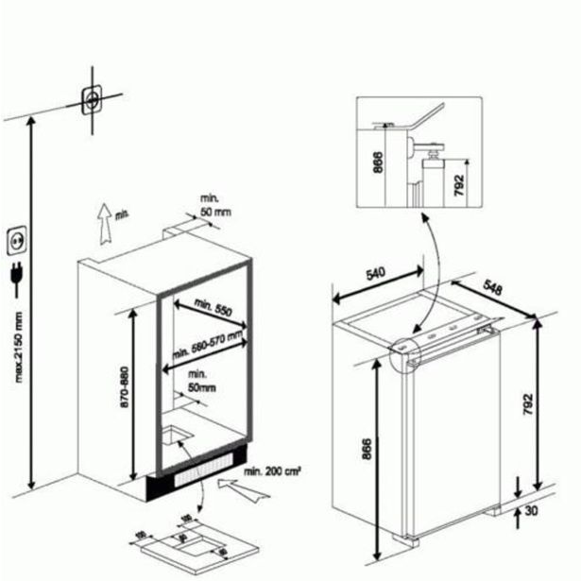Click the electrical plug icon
coord(15,275)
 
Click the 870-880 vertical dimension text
coord(143,394)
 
